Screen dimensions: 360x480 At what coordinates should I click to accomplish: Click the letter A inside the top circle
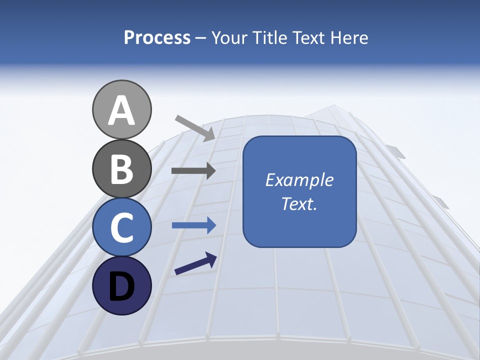coord(121,111)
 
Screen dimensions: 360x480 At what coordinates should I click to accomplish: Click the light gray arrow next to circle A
coord(195,127)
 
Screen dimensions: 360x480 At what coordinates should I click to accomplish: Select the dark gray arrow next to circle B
coord(193,171)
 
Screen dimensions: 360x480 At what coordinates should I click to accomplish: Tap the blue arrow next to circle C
coord(193,225)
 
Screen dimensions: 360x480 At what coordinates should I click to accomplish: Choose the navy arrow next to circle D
coord(195,264)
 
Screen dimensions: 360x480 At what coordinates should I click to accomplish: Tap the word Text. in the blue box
coord(299,204)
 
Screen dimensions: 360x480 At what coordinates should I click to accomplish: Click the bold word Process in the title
coord(157,38)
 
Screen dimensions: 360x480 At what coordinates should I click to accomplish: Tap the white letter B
coord(121,169)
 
